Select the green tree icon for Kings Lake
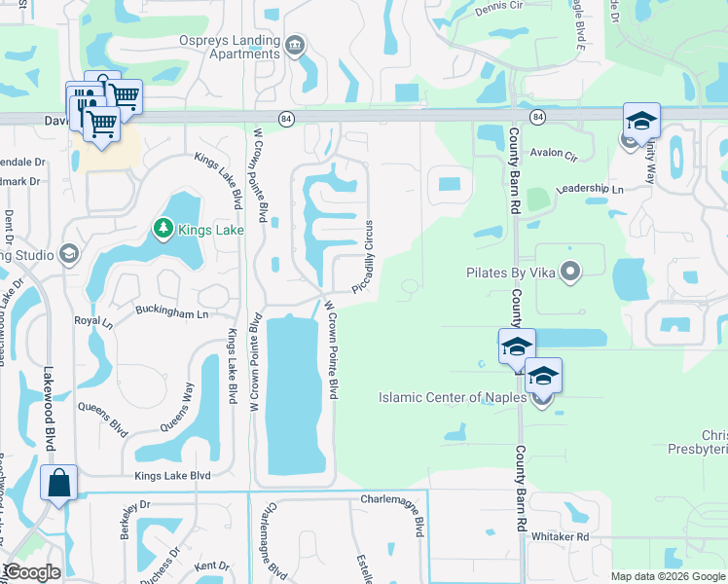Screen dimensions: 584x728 click(x=164, y=230)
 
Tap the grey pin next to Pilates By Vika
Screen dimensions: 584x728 click(x=571, y=272)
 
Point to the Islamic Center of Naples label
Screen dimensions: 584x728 click(x=453, y=397)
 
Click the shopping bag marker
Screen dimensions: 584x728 click(x=58, y=483)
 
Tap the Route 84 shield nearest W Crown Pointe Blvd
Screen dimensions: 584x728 click(x=285, y=118)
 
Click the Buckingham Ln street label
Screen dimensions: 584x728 click(x=171, y=314)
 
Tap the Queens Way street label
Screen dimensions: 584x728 click(x=176, y=406)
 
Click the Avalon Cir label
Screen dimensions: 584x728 click(x=554, y=154)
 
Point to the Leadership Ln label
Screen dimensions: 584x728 click(x=589, y=189)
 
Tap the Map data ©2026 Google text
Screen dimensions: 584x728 click(x=668, y=576)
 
